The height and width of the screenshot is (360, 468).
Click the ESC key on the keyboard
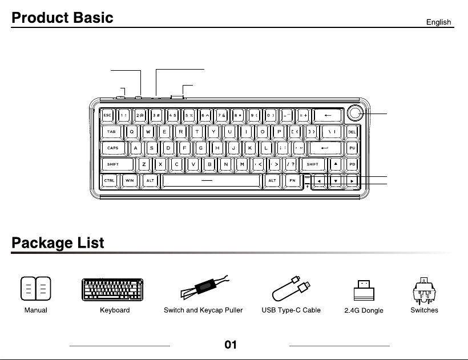(x=107, y=115)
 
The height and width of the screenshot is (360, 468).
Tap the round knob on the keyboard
(x=355, y=113)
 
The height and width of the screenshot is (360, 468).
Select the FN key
(x=292, y=180)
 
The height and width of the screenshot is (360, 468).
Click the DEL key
(x=352, y=132)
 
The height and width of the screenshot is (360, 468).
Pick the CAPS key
(x=113, y=148)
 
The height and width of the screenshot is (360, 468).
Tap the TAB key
(x=111, y=132)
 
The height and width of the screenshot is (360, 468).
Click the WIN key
(x=130, y=180)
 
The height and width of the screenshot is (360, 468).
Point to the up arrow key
(x=336, y=164)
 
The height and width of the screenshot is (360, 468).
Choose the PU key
(x=352, y=148)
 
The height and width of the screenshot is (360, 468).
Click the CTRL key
(x=109, y=180)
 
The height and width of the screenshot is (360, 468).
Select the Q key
(x=132, y=132)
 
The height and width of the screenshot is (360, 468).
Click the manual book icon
(x=36, y=289)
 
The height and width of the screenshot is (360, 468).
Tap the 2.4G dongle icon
(x=364, y=290)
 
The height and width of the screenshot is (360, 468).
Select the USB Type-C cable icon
(x=291, y=289)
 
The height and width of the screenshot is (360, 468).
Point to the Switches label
(x=424, y=310)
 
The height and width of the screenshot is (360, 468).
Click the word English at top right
(x=438, y=22)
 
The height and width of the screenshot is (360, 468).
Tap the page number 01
(x=231, y=345)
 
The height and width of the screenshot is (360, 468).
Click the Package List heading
(x=58, y=242)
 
